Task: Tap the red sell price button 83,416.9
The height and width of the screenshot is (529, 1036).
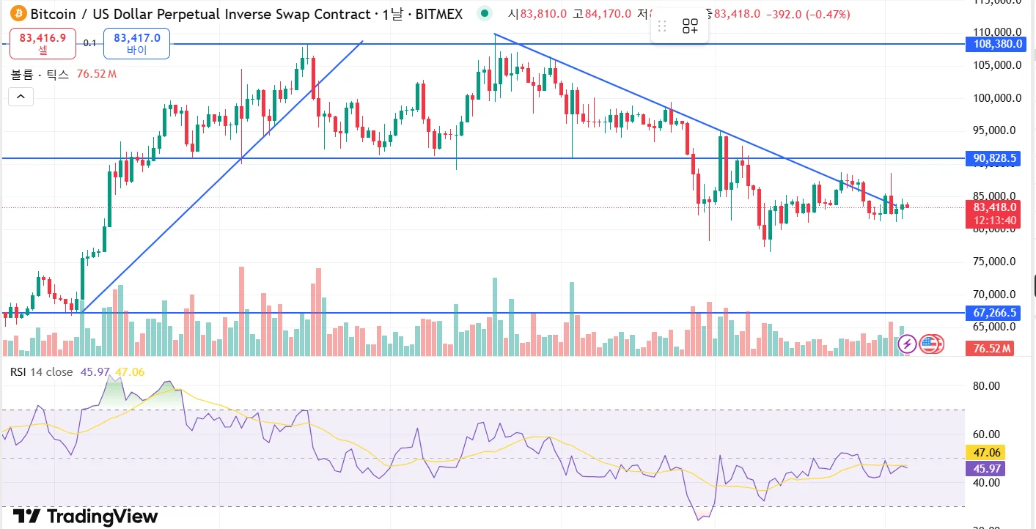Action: point(43,43)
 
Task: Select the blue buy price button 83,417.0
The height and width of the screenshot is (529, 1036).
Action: point(137,43)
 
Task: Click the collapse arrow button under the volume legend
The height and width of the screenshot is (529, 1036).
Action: point(21,96)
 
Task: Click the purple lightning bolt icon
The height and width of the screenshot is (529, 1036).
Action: point(907,343)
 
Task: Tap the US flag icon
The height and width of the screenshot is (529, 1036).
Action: point(930,343)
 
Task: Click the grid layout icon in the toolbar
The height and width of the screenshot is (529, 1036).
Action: point(690,27)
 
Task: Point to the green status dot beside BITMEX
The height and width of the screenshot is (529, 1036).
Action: point(484,13)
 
